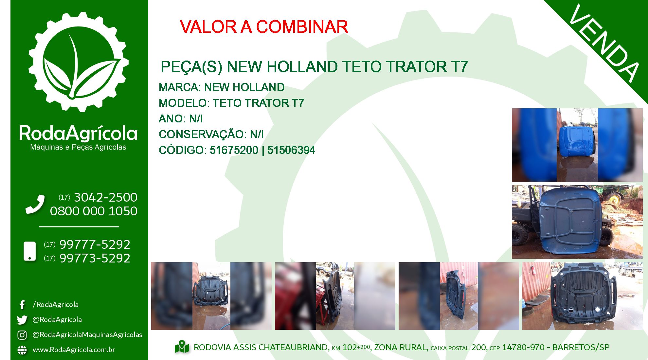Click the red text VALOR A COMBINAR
[264, 27]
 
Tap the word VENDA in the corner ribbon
[604, 44]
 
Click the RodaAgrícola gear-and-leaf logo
[79, 62]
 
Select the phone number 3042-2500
[105, 197]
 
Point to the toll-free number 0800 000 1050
[94, 211]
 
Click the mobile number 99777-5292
[95, 244]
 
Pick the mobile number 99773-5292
[95, 258]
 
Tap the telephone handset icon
[35, 204]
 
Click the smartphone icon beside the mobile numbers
[30, 251]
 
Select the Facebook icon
[22, 305]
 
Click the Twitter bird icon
[22, 320]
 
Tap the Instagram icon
[22, 335]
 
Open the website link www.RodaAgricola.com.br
[74, 350]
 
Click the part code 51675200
[234, 150]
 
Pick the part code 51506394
[291, 150]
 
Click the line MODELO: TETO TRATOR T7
[231, 103]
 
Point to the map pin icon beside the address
[182, 347]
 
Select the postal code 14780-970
[523, 347]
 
